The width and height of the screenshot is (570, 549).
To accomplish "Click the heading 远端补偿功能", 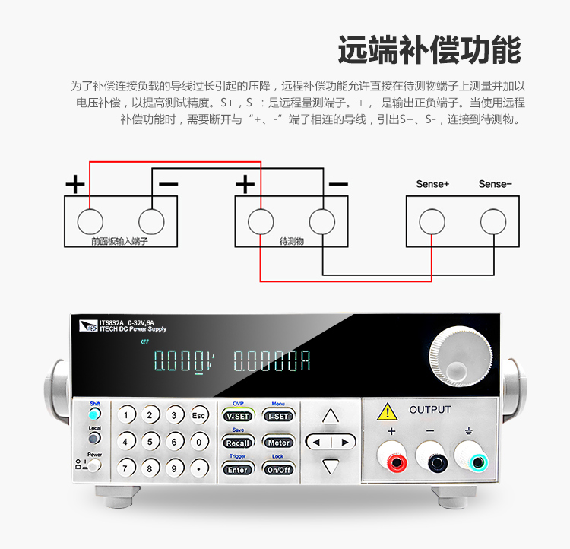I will pyautogui.click(x=429, y=49).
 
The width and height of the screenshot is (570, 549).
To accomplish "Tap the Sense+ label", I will pyautogui.click(x=432, y=184).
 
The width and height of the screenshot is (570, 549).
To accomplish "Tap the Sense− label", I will pyautogui.click(x=495, y=184).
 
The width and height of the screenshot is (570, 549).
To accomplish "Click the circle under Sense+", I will pyautogui.click(x=432, y=221).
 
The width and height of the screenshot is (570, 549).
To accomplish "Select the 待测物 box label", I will pyautogui.click(x=291, y=240).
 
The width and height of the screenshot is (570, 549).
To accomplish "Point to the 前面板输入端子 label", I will pyautogui.click(x=119, y=240).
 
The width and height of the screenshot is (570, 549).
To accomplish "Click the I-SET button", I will pyautogui.click(x=278, y=417).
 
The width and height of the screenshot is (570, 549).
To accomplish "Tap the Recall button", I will pyautogui.click(x=238, y=443).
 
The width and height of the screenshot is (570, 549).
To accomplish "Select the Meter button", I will pyautogui.click(x=278, y=443).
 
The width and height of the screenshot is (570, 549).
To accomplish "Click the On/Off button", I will pyautogui.click(x=278, y=469).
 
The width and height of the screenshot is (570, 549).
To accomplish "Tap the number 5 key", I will pyautogui.click(x=150, y=441).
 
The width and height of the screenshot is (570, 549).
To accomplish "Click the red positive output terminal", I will pyautogui.click(x=394, y=460).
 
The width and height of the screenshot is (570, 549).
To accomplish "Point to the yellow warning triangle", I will pyautogui.click(x=388, y=411).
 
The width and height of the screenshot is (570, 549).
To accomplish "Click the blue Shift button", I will pyautogui.click(x=94, y=415).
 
